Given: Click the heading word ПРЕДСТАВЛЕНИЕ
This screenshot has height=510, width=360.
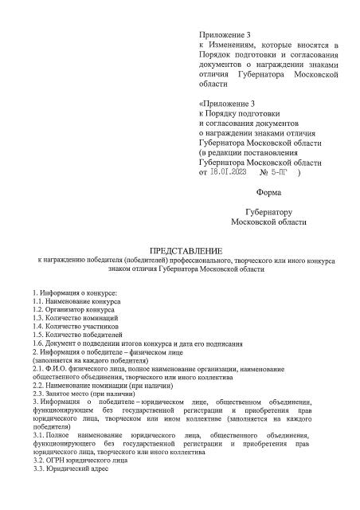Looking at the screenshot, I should point(180,250).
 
